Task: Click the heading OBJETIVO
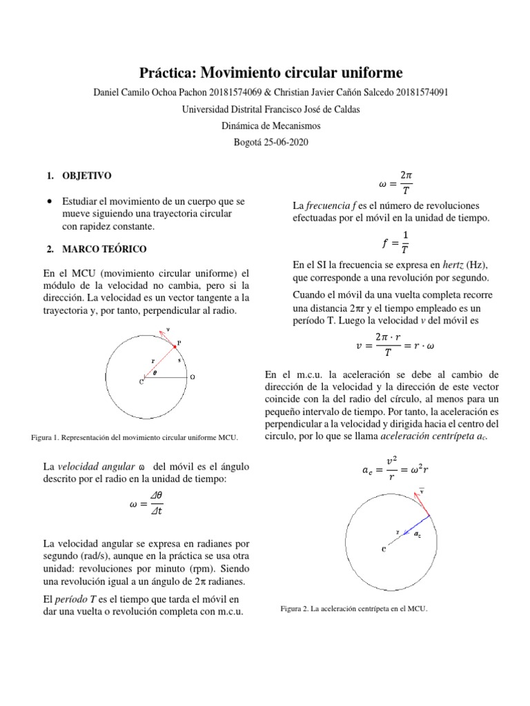pyautogui.click(x=87, y=176)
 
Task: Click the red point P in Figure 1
pyautogui.click(x=175, y=347)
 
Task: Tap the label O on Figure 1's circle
pyautogui.click(x=193, y=377)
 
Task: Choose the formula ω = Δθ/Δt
pyautogui.click(x=146, y=507)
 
